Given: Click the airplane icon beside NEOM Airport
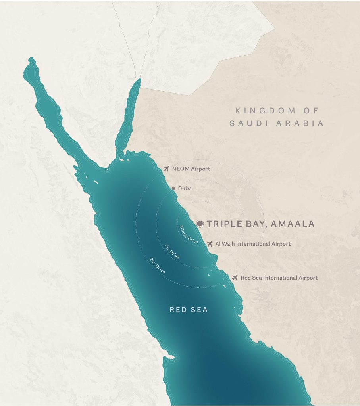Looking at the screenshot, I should pos(166,169).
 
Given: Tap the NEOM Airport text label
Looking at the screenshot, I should pos(191,169).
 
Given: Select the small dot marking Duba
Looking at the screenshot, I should pos(173,188).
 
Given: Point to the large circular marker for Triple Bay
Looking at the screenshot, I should pos(200,224).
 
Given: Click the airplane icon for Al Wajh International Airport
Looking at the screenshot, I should pos(210,243).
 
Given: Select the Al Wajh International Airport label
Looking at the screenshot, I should pos(253,244).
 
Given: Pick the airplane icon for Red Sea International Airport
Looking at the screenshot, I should pos(235,277).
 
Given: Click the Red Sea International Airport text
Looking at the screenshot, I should pos(279,278).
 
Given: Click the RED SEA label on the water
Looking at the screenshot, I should pos(189,310).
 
